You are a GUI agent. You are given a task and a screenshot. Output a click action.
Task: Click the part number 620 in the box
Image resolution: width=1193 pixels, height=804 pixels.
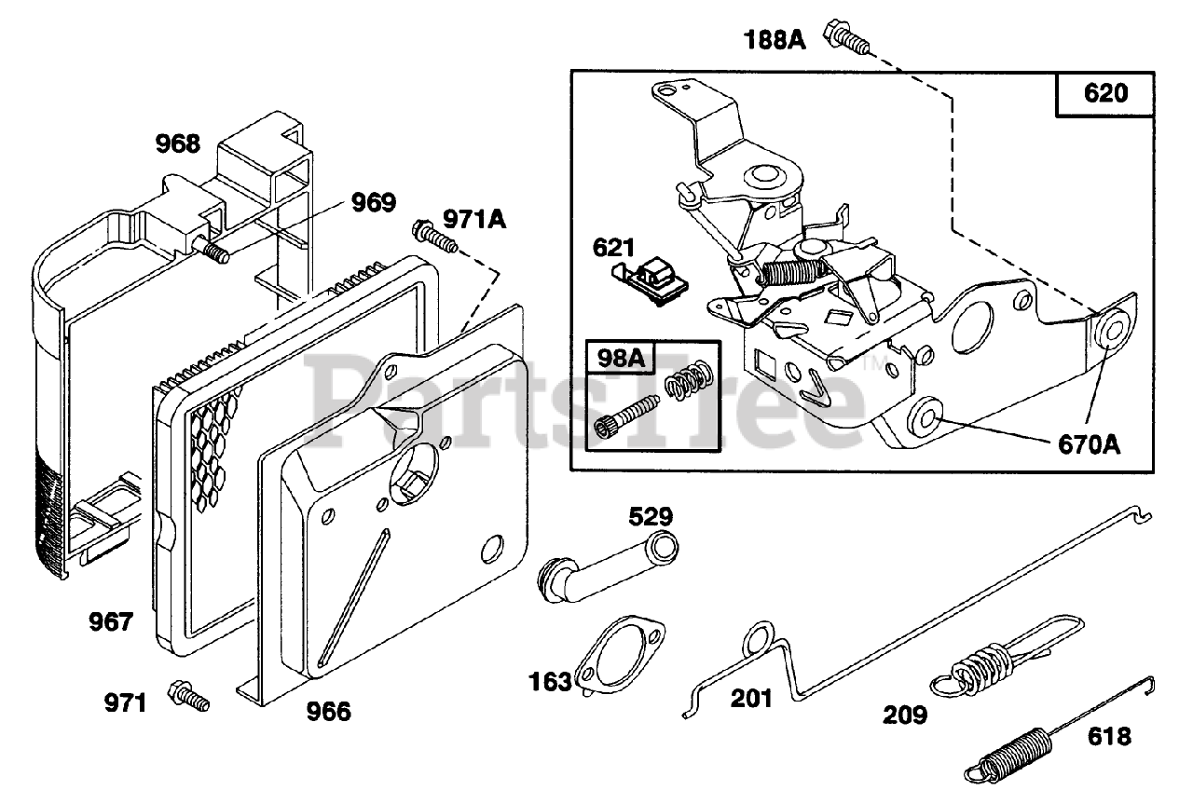click(x=1105, y=93)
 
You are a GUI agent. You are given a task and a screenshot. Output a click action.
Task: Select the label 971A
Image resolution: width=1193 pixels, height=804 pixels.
click(x=474, y=219)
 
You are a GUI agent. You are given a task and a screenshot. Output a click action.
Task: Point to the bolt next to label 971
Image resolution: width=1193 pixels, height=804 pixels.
click(x=188, y=696)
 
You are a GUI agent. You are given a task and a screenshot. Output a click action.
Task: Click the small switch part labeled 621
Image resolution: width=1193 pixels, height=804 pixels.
click(x=651, y=282)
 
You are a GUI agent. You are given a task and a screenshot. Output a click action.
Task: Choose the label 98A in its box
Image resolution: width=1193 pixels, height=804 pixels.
click(x=621, y=358)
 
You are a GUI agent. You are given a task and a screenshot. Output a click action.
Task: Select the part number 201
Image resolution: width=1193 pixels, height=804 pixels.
click(x=751, y=699)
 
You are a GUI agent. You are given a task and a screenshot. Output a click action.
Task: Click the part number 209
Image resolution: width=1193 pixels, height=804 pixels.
click(x=905, y=715)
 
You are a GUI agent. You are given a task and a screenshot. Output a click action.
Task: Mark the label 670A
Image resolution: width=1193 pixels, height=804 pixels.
click(x=1090, y=444)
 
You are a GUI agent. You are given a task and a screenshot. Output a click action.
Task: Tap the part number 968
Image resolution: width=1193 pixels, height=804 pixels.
click(x=178, y=143)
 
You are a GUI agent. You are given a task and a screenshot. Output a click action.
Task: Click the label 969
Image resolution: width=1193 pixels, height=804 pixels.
click(x=374, y=202)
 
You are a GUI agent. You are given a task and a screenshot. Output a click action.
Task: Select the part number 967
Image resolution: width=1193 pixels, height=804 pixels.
click(x=111, y=621)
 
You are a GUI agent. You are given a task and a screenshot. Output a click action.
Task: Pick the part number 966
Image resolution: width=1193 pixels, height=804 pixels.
click(x=329, y=712)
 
